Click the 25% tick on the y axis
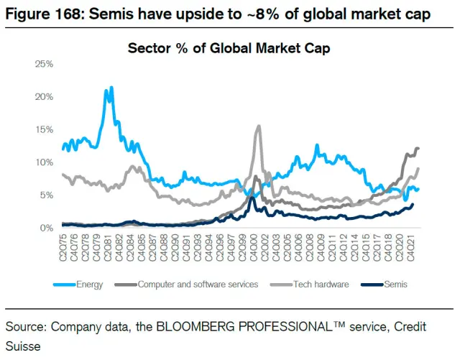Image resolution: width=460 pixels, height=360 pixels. [44, 64]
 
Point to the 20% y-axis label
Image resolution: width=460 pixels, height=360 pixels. [44, 97]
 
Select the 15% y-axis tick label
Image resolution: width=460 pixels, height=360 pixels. [44, 129]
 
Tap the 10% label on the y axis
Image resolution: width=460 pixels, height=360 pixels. [44, 162]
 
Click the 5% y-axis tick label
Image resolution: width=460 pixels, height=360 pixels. [46, 195]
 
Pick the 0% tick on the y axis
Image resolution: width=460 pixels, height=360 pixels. [46, 228]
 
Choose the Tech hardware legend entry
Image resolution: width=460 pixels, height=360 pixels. [320, 284]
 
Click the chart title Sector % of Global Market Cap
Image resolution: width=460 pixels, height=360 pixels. [229, 49]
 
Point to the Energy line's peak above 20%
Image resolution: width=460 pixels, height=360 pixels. [109, 88]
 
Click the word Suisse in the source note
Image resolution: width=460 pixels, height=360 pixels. [24, 346]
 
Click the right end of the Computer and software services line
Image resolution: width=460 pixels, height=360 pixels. [418, 148]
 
